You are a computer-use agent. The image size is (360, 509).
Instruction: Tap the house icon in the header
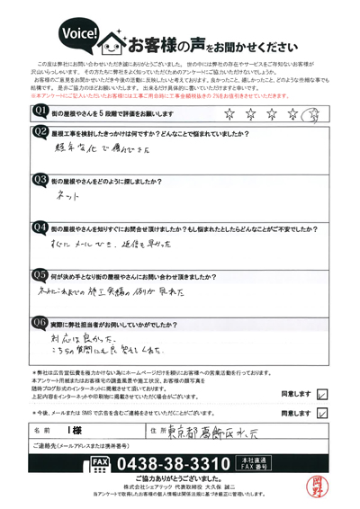pyautogui.click(x=115, y=41)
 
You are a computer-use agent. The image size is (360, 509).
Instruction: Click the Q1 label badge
pyautogui.click(x=40, y=111)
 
